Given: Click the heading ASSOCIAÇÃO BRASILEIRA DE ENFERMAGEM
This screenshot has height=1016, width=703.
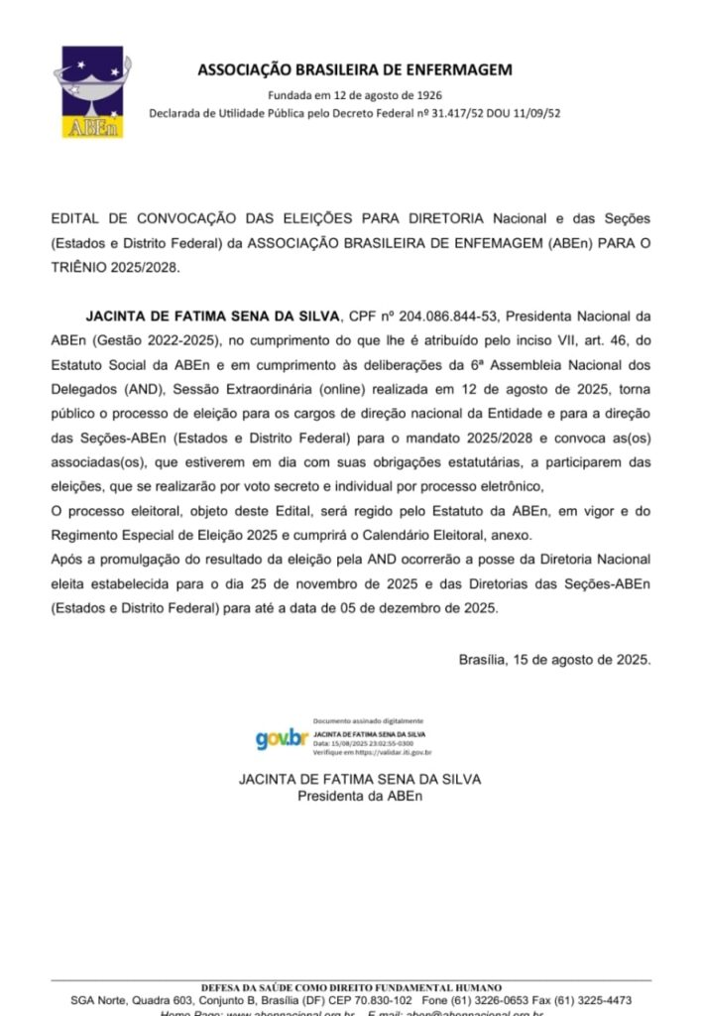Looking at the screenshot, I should coord(355,69).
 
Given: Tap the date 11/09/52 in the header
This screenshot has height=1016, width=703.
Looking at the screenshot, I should coord(535,113).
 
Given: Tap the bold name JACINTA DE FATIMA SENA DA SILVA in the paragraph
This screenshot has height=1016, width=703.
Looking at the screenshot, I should coord(211,317).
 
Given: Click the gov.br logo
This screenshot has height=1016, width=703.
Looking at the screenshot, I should coord(281,739).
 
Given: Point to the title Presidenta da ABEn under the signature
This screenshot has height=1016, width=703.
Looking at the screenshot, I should coord(359,796).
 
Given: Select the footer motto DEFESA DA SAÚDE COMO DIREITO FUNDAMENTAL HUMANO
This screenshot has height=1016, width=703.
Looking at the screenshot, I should coord(351,988).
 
